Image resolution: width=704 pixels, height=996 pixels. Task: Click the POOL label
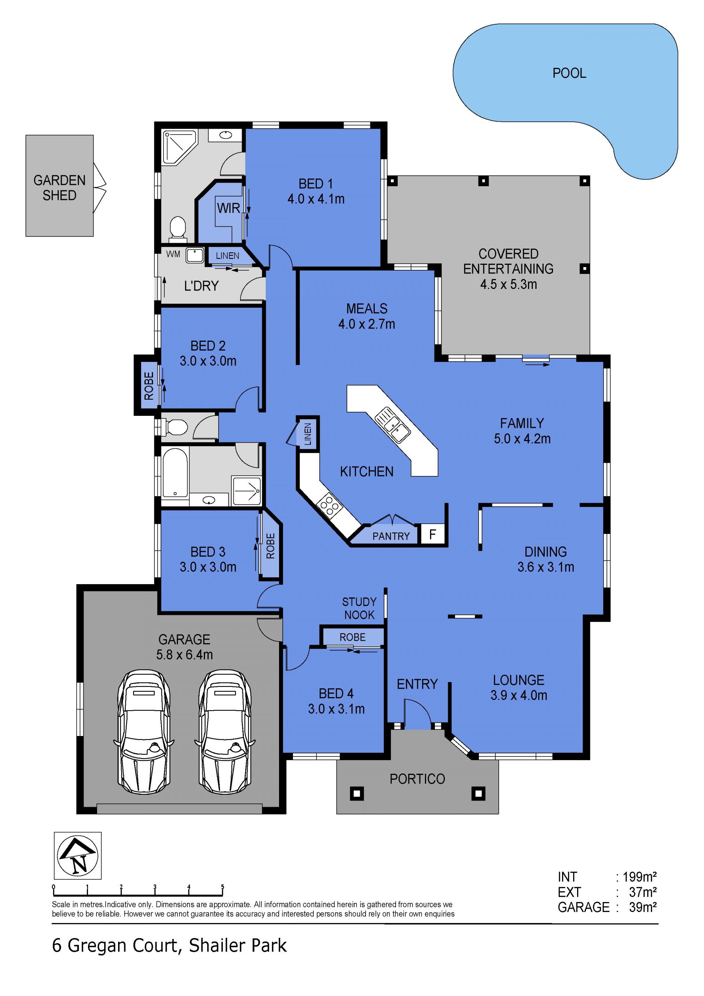(x=569, y=73)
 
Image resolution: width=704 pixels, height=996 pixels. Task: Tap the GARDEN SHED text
(x=59, y=188)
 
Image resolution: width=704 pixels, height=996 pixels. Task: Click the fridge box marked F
(x=432, y=534)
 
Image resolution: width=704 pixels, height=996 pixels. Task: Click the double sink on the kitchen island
(x=393, y=425)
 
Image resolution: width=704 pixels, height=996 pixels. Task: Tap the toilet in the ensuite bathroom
(x=177, y=228)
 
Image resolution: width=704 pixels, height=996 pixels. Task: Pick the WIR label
(x=228, y=208)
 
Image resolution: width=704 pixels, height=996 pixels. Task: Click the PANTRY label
(x=391, y=536)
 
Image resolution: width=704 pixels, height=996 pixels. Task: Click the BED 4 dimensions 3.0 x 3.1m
(x=336, y=709)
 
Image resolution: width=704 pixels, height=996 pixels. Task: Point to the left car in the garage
(x=144, y=732)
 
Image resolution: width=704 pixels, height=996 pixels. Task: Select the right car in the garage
(x=225, y=732)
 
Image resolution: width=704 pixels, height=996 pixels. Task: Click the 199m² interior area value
(x=639, y=877)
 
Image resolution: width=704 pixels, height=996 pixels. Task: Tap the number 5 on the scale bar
(x=223, y=887)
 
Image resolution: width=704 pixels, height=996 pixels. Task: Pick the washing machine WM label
(x=173, y=254)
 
